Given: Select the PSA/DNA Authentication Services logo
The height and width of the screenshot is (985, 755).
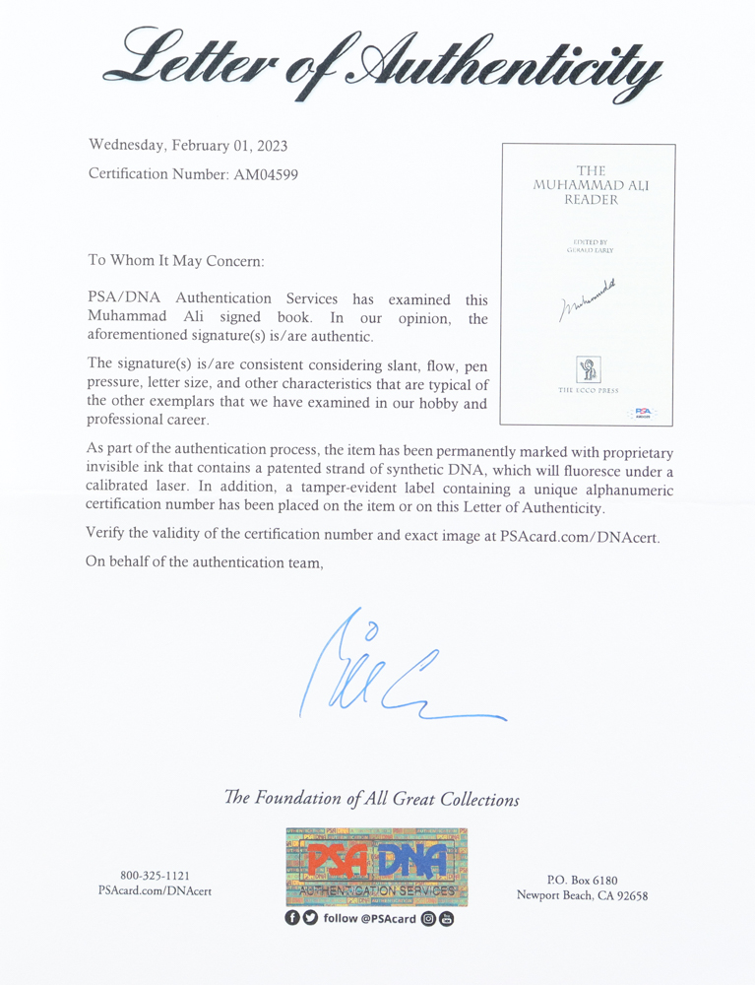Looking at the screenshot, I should (x=377, y=867).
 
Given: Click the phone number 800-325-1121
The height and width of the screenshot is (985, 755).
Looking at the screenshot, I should (x=155, y=876).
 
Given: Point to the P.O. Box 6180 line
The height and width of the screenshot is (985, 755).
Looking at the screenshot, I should (x=583, y=880).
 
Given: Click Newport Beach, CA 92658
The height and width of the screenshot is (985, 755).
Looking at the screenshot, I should (x=583, y=895).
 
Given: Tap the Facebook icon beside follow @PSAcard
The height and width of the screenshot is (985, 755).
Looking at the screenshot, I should (x=292, y=919).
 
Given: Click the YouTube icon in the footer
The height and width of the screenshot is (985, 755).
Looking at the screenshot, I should (x=447, y=919).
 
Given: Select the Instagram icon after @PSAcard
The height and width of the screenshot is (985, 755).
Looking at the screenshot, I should (x=428, y=919).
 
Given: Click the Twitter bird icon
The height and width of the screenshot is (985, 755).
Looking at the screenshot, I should (x=309, y=919).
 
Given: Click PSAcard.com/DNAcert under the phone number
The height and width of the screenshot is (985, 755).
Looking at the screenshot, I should (x=155, y=891).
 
